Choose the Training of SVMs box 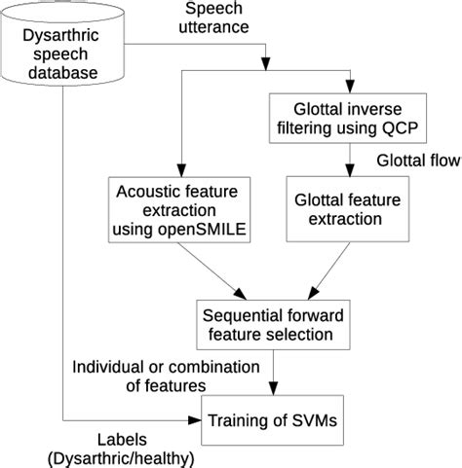click(270, 421)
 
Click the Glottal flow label click(416, 160)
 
